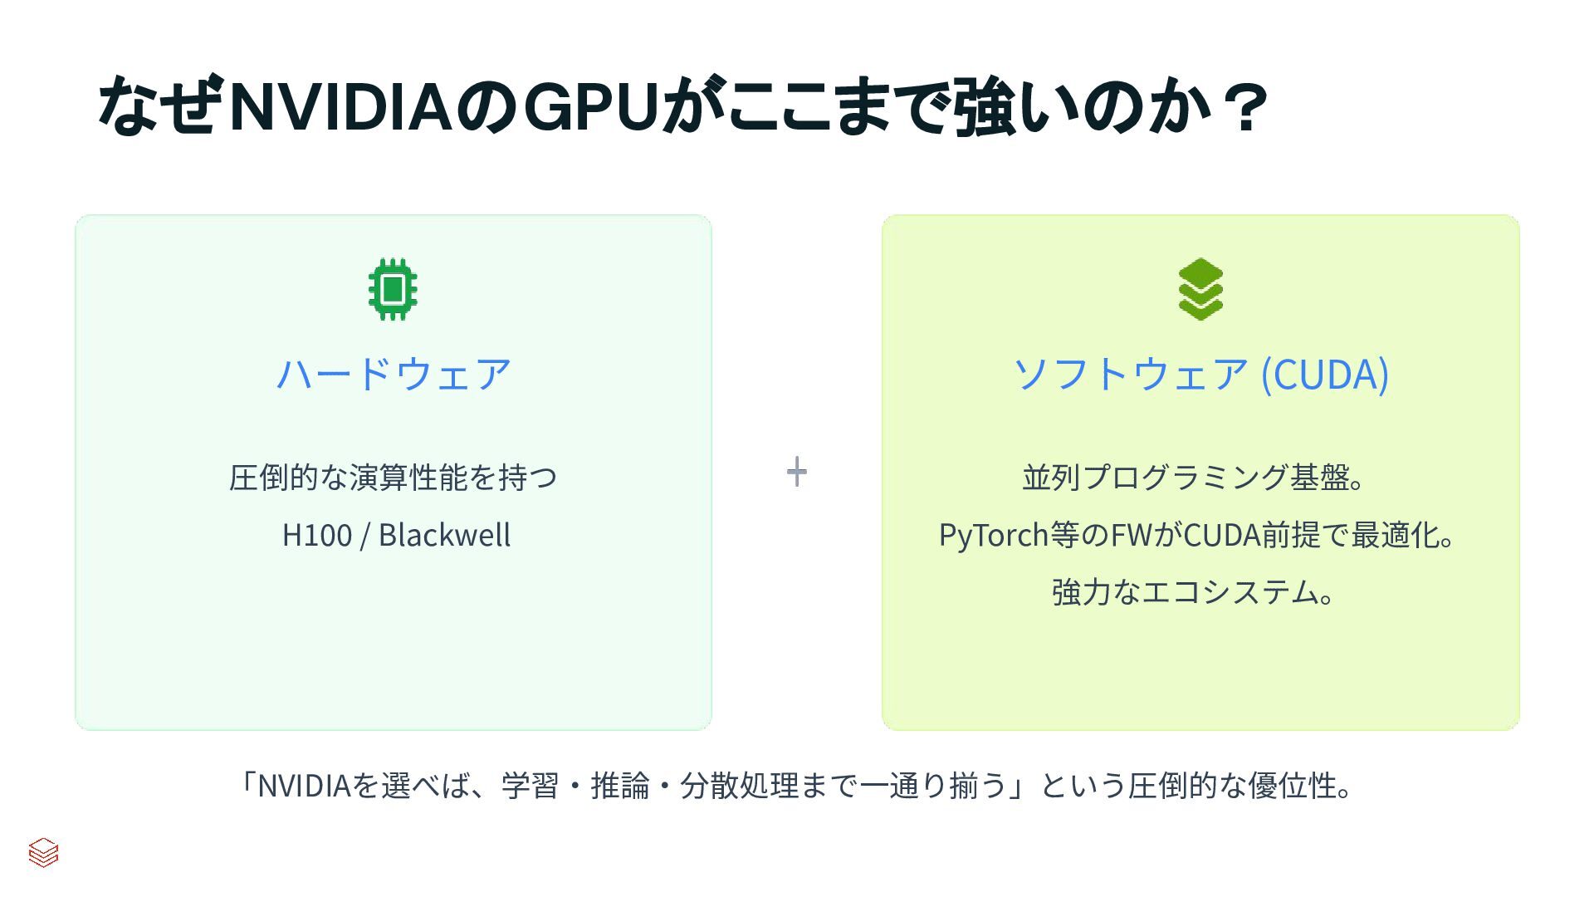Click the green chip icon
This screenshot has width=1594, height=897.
coord(393,289)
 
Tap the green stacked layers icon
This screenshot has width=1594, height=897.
coord(1200,289)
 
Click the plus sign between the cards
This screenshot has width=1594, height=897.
coord(796,472)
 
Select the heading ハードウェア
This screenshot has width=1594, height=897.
coord(394,374)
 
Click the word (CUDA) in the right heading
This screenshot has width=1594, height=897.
coord(1324,374)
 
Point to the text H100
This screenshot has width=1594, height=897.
coord(317,535)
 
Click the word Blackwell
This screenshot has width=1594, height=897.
coord(444,535)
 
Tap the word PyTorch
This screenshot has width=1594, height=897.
coord(993,535)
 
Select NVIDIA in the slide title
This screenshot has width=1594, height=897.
coord(340,106)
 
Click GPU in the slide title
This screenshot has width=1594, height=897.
coord(591,106)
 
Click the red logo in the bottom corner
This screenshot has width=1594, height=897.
coord(43,852)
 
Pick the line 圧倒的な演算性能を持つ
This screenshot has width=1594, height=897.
coord(394,478)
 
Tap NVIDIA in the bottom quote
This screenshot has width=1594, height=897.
coord(304,786)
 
